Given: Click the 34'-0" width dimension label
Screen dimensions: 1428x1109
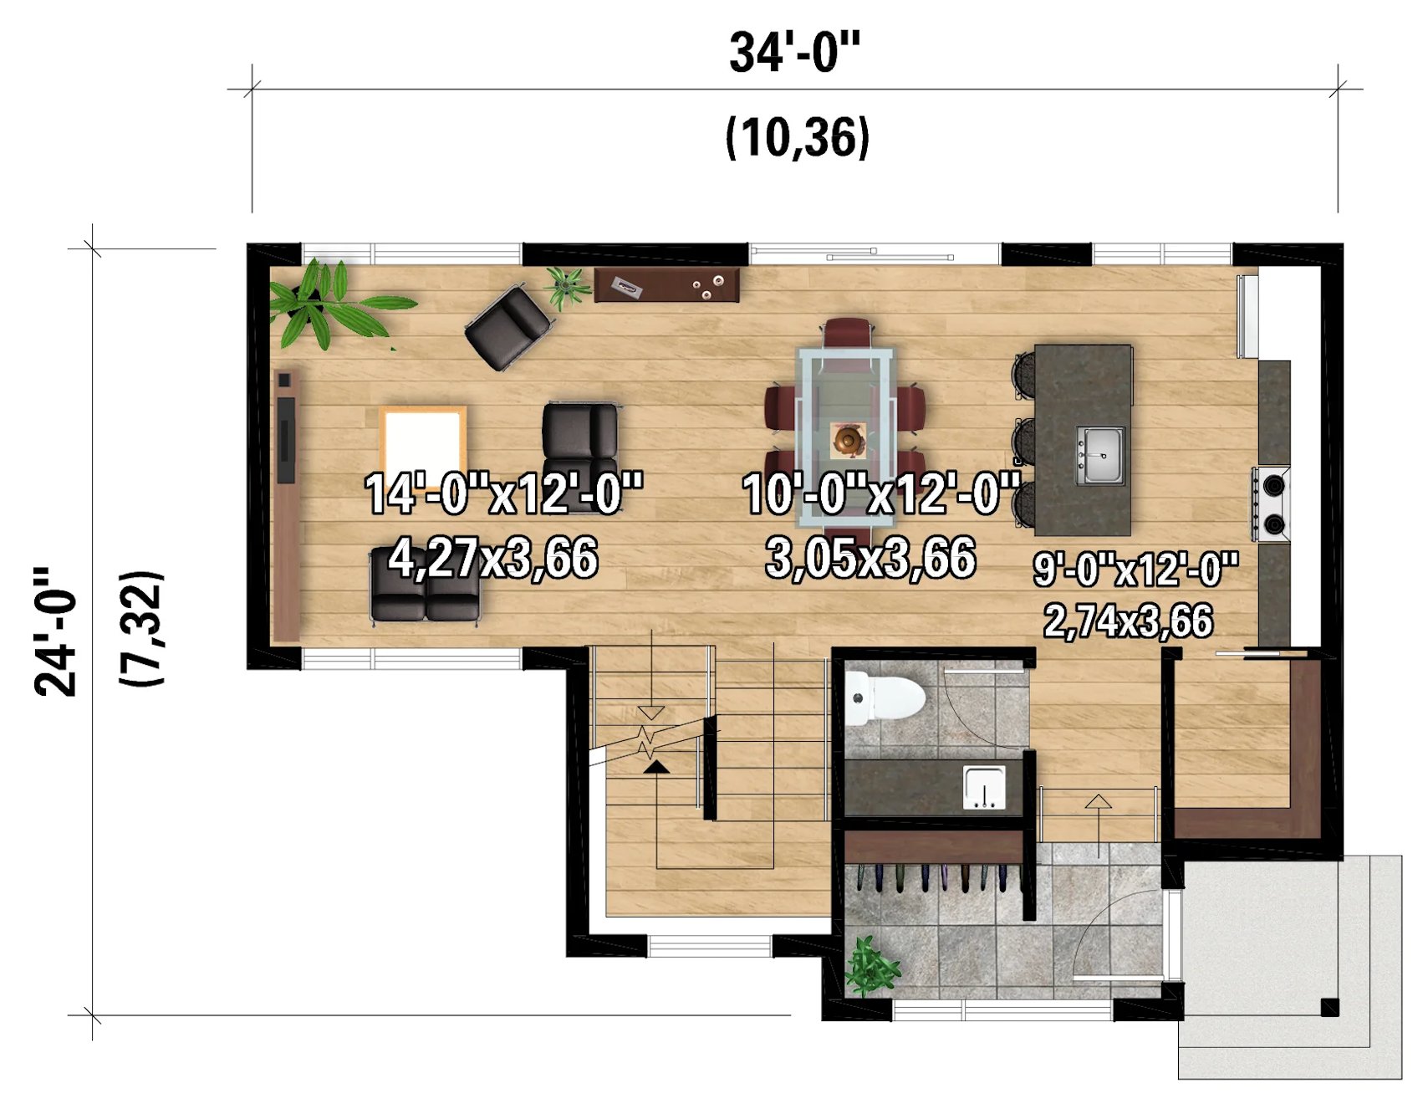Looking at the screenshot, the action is pos(794,52).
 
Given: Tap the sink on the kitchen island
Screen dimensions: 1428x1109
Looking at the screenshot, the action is pos(1100,455).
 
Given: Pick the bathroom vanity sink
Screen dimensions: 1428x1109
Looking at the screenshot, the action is pos(984,787).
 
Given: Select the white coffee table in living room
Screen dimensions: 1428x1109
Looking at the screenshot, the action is pos(423,443).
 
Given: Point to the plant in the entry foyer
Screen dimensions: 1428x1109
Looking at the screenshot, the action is pos(871,967).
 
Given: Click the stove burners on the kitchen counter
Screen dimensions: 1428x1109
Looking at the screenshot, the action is pos(1272,504).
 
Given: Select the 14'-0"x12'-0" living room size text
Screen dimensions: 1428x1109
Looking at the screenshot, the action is pos(504,493).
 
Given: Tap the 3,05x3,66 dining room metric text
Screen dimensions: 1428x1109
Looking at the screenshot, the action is pos(870,558).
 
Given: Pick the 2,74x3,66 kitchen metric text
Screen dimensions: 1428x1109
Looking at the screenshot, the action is pos(1128,621).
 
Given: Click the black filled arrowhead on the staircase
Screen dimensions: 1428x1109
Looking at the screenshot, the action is pos(656,766).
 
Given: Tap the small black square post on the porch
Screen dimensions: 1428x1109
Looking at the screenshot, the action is pos(1329,1008).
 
